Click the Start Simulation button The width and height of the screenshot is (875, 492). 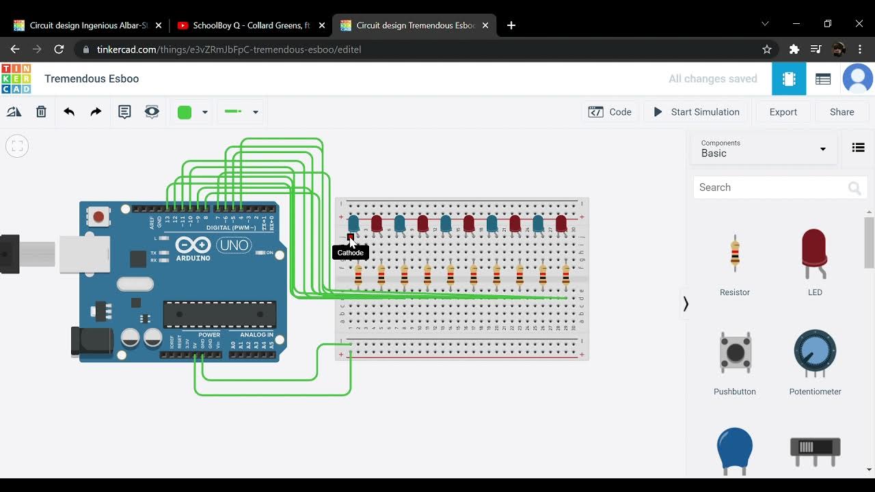pyautogui.click(x=696, y=112)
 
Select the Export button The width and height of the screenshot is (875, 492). pyautogui.click(x=783, y=112)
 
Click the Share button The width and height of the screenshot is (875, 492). pyautogui.click(x=842, y=112)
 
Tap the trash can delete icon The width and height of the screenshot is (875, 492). pyautogui.click(x=41, y=112)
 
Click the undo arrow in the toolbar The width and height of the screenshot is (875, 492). pyautogui.click(x=69, y=112)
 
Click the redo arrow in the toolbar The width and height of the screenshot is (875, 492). pyautogui.click(x=96, y=112)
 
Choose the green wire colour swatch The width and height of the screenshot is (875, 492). pyautogui.click(x=185, y=113)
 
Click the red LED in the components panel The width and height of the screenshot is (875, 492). pyautogui.click(x=814, y=254)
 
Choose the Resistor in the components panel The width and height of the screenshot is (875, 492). pyautogui.click(x=735, y=254)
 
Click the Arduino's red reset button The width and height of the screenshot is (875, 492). pyautogui.click(x=98, y=217)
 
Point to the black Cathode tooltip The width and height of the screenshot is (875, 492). pyautogui.click(x=350, y=253)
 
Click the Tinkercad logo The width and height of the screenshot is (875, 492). pyautogui.click(x=16, y=79)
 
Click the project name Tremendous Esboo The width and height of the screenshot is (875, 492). pyautogui.click(x=92, y=79)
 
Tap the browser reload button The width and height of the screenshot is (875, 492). pyautogui.click(x=59, y=49)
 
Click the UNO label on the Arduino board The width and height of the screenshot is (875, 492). pyautogui.click(x=234, y=245)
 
